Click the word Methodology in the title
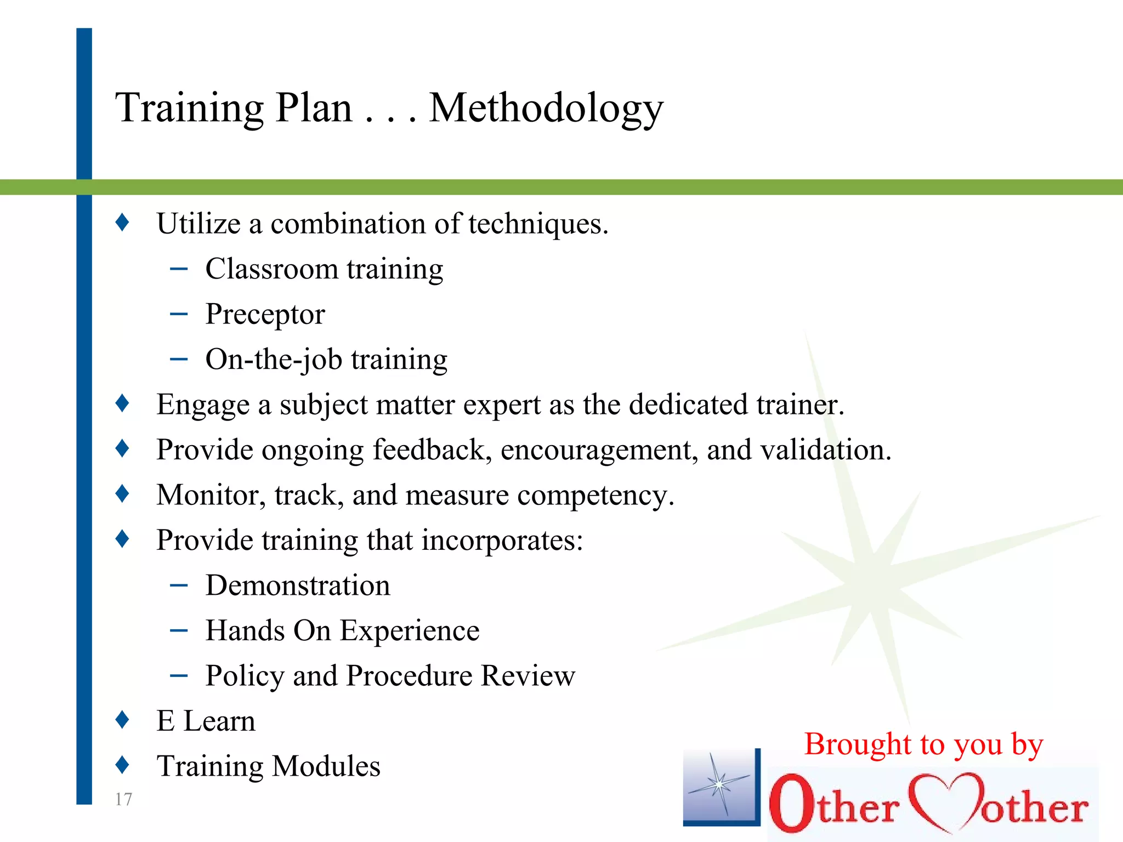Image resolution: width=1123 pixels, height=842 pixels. [x=546, y=108]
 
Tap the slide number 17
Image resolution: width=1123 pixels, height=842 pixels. [x=123, y=799]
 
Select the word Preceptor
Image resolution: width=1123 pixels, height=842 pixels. [x=265, y=315]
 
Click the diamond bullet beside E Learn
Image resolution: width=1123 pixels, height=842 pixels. [x=122, y=720]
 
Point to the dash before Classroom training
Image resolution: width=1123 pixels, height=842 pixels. [x=179, y=269]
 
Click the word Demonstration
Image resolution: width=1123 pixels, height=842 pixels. [x=298, y=585]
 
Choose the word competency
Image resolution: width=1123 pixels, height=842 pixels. [x=595, y=496]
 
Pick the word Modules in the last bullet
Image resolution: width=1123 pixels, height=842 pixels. [x=326, y=766]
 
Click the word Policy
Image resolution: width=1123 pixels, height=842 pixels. [x=245, y=676]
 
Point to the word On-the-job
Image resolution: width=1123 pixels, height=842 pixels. [x=274, y=360]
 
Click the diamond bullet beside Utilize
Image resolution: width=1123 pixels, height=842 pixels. [x=122, y=223]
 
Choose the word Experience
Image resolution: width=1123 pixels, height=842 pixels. [x=410, y=630]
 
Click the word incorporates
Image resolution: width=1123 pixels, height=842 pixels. [x=502, y=541]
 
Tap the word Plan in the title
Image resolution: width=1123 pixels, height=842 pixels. [x=314, y=108]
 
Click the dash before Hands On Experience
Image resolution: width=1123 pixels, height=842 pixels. [x=179, y=631]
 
